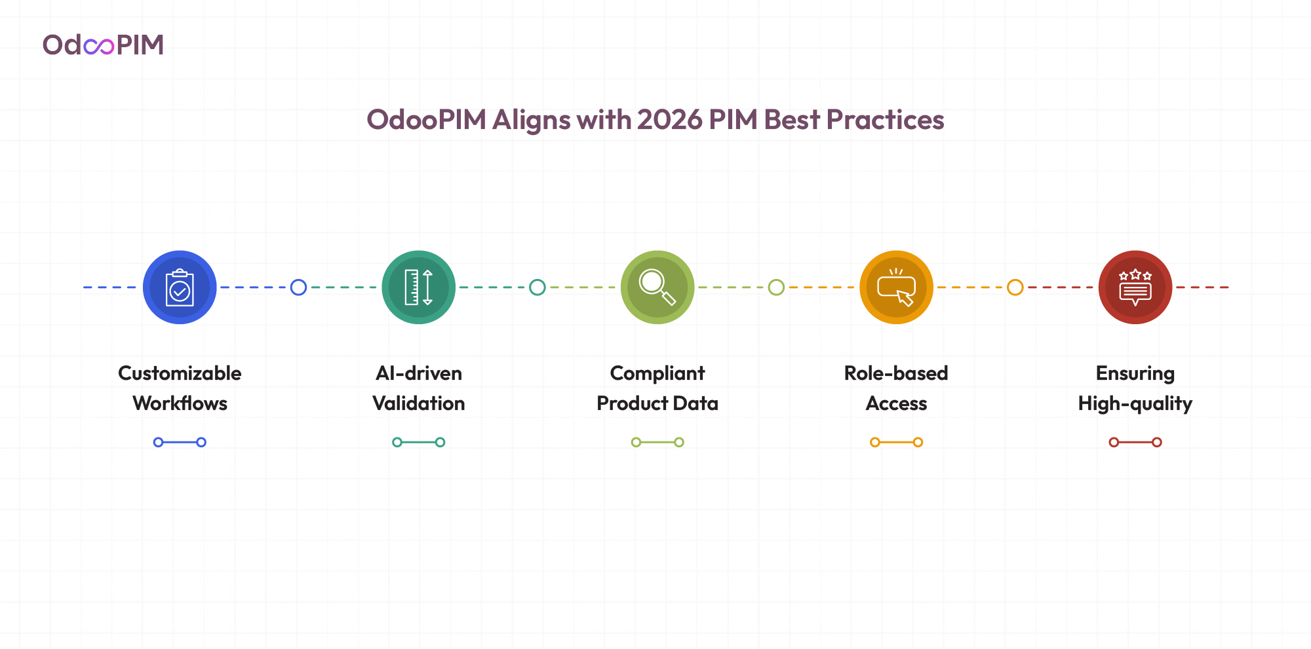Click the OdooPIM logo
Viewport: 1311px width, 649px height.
pos(103,45)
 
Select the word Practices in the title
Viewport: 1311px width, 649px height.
pos(885,120)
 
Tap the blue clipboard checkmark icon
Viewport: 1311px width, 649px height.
pos(180,287)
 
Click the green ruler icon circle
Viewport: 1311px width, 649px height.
pos(419,287)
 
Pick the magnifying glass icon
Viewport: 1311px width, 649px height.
pos(657,287)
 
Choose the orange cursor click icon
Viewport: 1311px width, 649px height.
pos(896,287)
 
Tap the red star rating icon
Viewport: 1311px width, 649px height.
pos(1135,287)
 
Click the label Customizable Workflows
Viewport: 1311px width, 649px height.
pos(180,388)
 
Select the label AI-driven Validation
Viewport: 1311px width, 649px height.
pos(419,388)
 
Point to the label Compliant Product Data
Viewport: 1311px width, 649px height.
pos(657,388)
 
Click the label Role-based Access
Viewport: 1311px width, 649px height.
pos(896,388)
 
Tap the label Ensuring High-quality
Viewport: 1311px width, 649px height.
pos(1135,388)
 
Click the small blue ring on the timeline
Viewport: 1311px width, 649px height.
pos(298,287)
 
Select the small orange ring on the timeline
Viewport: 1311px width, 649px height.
pos(1015,287)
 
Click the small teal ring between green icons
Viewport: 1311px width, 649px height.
pos(538,287)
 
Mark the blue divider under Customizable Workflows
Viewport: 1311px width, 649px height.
pos(180,442)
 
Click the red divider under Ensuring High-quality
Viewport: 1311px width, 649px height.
pos(1135,442)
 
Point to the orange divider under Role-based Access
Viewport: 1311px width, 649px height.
pos(896,442)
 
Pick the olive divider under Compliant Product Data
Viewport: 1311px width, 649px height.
pos(657,442)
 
